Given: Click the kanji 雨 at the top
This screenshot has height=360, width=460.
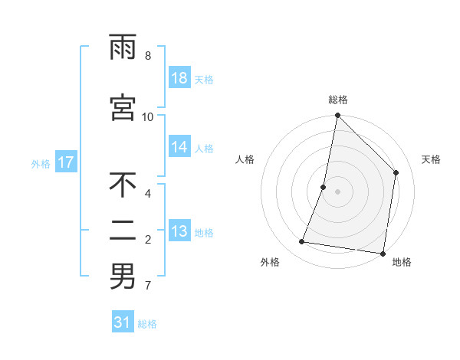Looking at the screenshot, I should tap(123, 48).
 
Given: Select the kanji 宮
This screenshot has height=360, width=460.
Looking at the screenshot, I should tap(123, 107).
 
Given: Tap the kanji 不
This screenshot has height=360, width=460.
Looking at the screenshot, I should tap(123, 185).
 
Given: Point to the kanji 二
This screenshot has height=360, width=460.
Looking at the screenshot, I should tap(123, 231).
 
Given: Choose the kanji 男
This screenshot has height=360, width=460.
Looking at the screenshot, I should tap(123, 277).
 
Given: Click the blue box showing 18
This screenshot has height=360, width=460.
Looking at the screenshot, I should tap(179, 78).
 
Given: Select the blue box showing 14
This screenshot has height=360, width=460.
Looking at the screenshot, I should tap(179, 147).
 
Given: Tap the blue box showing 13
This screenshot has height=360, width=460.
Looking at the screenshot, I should tap(179, 231).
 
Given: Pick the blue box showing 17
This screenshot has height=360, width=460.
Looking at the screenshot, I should tap(65, 162).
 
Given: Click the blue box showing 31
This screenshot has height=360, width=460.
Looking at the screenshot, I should tap(123, 322).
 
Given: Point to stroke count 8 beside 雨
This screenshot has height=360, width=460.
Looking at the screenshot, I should tap(148, 56).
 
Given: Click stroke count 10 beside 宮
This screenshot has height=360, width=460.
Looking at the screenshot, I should tap(148, 116).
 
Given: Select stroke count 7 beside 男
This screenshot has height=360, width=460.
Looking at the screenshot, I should tap(148, 286).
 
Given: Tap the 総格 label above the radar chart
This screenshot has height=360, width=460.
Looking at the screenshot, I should tap(338, 100).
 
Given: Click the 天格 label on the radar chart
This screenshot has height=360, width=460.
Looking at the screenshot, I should tap(431, 159).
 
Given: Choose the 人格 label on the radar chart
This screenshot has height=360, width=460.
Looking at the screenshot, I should tap(245, 159).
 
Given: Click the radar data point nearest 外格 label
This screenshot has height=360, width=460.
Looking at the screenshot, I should tap(302, 242).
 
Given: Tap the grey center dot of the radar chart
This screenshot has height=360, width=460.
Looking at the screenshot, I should tap(338, 191).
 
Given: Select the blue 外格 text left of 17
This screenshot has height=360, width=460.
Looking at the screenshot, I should tap(41, 163).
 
